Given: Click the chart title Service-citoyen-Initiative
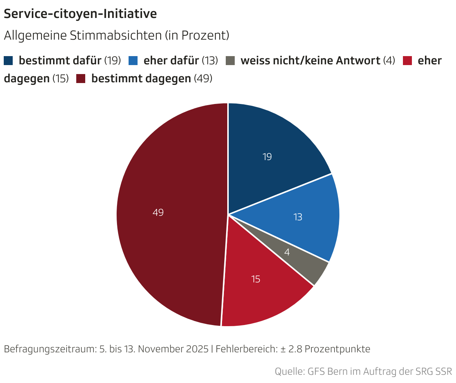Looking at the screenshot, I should (80, 14).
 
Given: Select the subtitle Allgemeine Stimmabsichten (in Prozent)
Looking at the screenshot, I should (116, 36).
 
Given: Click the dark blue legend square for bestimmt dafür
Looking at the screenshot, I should (8, 60).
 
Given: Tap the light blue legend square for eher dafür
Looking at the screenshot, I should (133, 60).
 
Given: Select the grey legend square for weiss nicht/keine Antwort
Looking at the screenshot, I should (230, 60).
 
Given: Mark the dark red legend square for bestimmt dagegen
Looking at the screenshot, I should (81, 79).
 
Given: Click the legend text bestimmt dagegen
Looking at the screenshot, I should (141, 79).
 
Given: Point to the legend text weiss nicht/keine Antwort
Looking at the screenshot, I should (310, 60).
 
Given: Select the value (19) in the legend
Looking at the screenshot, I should (113, 60).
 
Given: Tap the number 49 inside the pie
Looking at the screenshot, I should (158, 212).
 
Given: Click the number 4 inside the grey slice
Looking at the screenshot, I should (287, 252).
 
